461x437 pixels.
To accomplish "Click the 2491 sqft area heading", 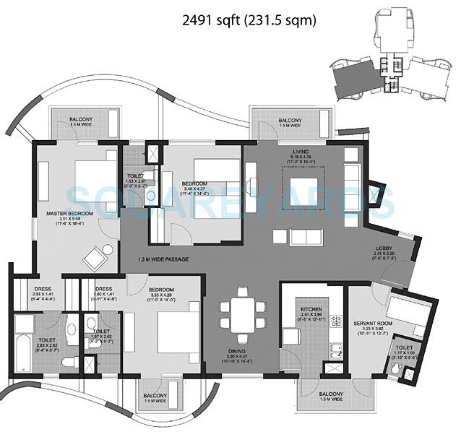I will click(x=249, y=21).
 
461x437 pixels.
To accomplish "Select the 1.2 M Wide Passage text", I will click(x=169, y=259).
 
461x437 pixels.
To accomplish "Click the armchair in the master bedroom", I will click(x=95, y=256).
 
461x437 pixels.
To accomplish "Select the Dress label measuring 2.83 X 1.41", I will click(x=40, y=292).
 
